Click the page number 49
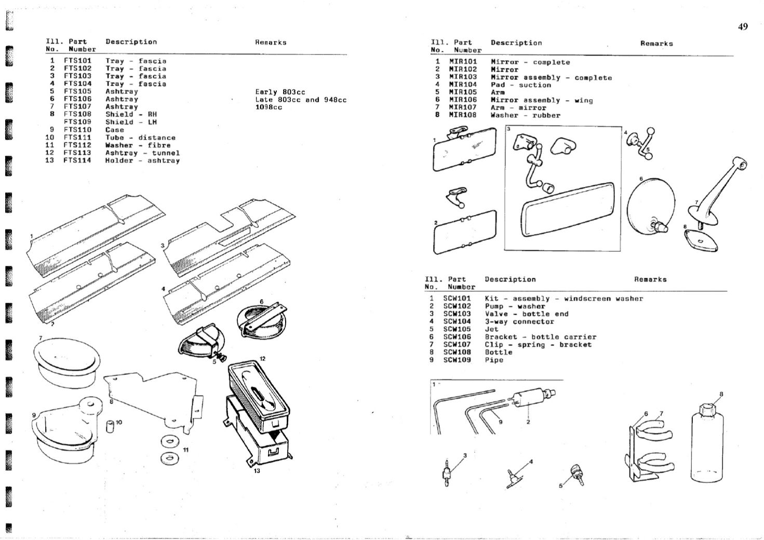743,27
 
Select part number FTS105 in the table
77,91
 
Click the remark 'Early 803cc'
280,92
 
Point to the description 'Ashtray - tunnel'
142,153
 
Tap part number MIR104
462,85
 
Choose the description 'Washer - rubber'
525,115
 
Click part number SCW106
457,336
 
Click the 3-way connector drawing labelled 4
513,477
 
